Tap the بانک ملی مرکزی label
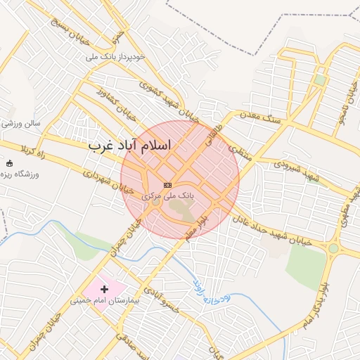[x=168, y=195]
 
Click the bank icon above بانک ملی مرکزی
[x=167, y=185]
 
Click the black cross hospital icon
[x=105, y=288]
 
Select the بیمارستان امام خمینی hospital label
[x=99, y=301]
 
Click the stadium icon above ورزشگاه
[x=9, y=164]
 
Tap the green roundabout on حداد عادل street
[x=333, y=248]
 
